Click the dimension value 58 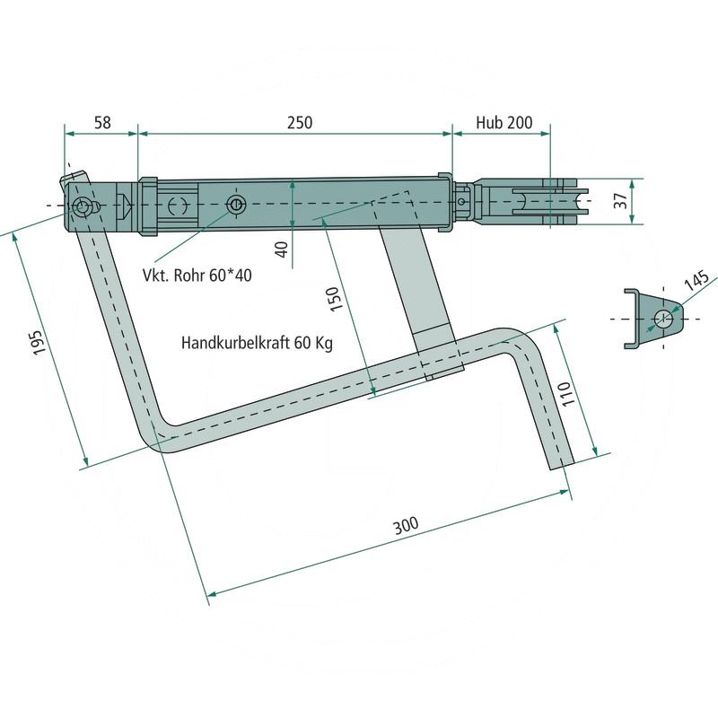pos(102,123)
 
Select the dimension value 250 pos(300,123)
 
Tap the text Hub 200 pos(504,123)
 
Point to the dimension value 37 pos(621,201)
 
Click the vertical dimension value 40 pos(283,250)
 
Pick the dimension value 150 pos(335,299)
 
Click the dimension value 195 pos(39,342)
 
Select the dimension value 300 pos(407,526)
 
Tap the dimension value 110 pos(567,393)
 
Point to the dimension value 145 pos(696,280)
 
